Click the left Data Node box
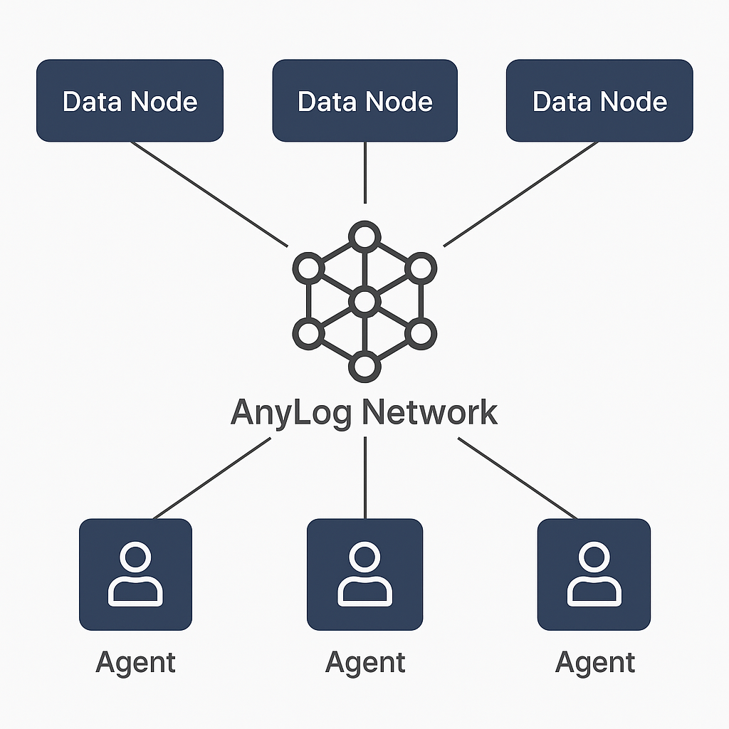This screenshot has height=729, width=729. pyautogui.click(x=130, y=100)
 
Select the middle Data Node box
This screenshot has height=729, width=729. pyautogui.click(x=364, y=100)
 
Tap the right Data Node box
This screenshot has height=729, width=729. pyautogui.click(x=599, y=100)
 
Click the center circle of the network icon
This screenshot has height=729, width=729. pyautogui.click(x=364, y=301)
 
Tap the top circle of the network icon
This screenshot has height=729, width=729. pyautogui.click(x=364, y=236)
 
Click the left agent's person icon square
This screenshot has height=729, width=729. pyautogui.click(x=135, y=575)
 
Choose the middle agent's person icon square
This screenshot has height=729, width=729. pyautogui.click(x=364, y=575)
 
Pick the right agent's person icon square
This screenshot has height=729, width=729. pyautogui.click(x=594, y=575)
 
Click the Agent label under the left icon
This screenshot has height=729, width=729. pyautogui.click(x=135, y=663)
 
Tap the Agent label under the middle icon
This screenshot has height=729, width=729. pyautogui.click(x=364, y=663)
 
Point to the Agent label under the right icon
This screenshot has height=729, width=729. pyautogui.click(x=595, y=663)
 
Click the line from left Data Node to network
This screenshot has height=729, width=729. pyautogui.click(x=210, y=194)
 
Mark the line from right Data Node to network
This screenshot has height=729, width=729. pyautogui.click(x=520, y=194)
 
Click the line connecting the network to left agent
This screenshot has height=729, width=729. pyautogui.click(x=212, y=478)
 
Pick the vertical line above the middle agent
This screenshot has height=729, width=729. pyautogui.click(x=364, y=478)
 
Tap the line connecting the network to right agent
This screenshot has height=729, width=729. pyautogui.click(x=518, y=478)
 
